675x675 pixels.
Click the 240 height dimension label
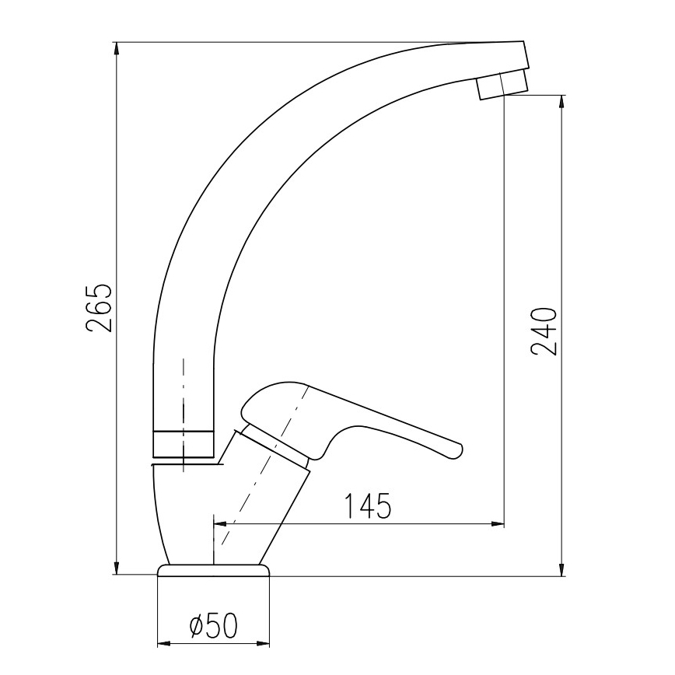click(x=544, y=331)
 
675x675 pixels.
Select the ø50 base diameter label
click(x=213, y=626)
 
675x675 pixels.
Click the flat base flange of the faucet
click(x=215, y=570)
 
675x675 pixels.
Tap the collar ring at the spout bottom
click(x=184, y=443)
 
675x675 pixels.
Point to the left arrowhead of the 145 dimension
click(x=220, y=524)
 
